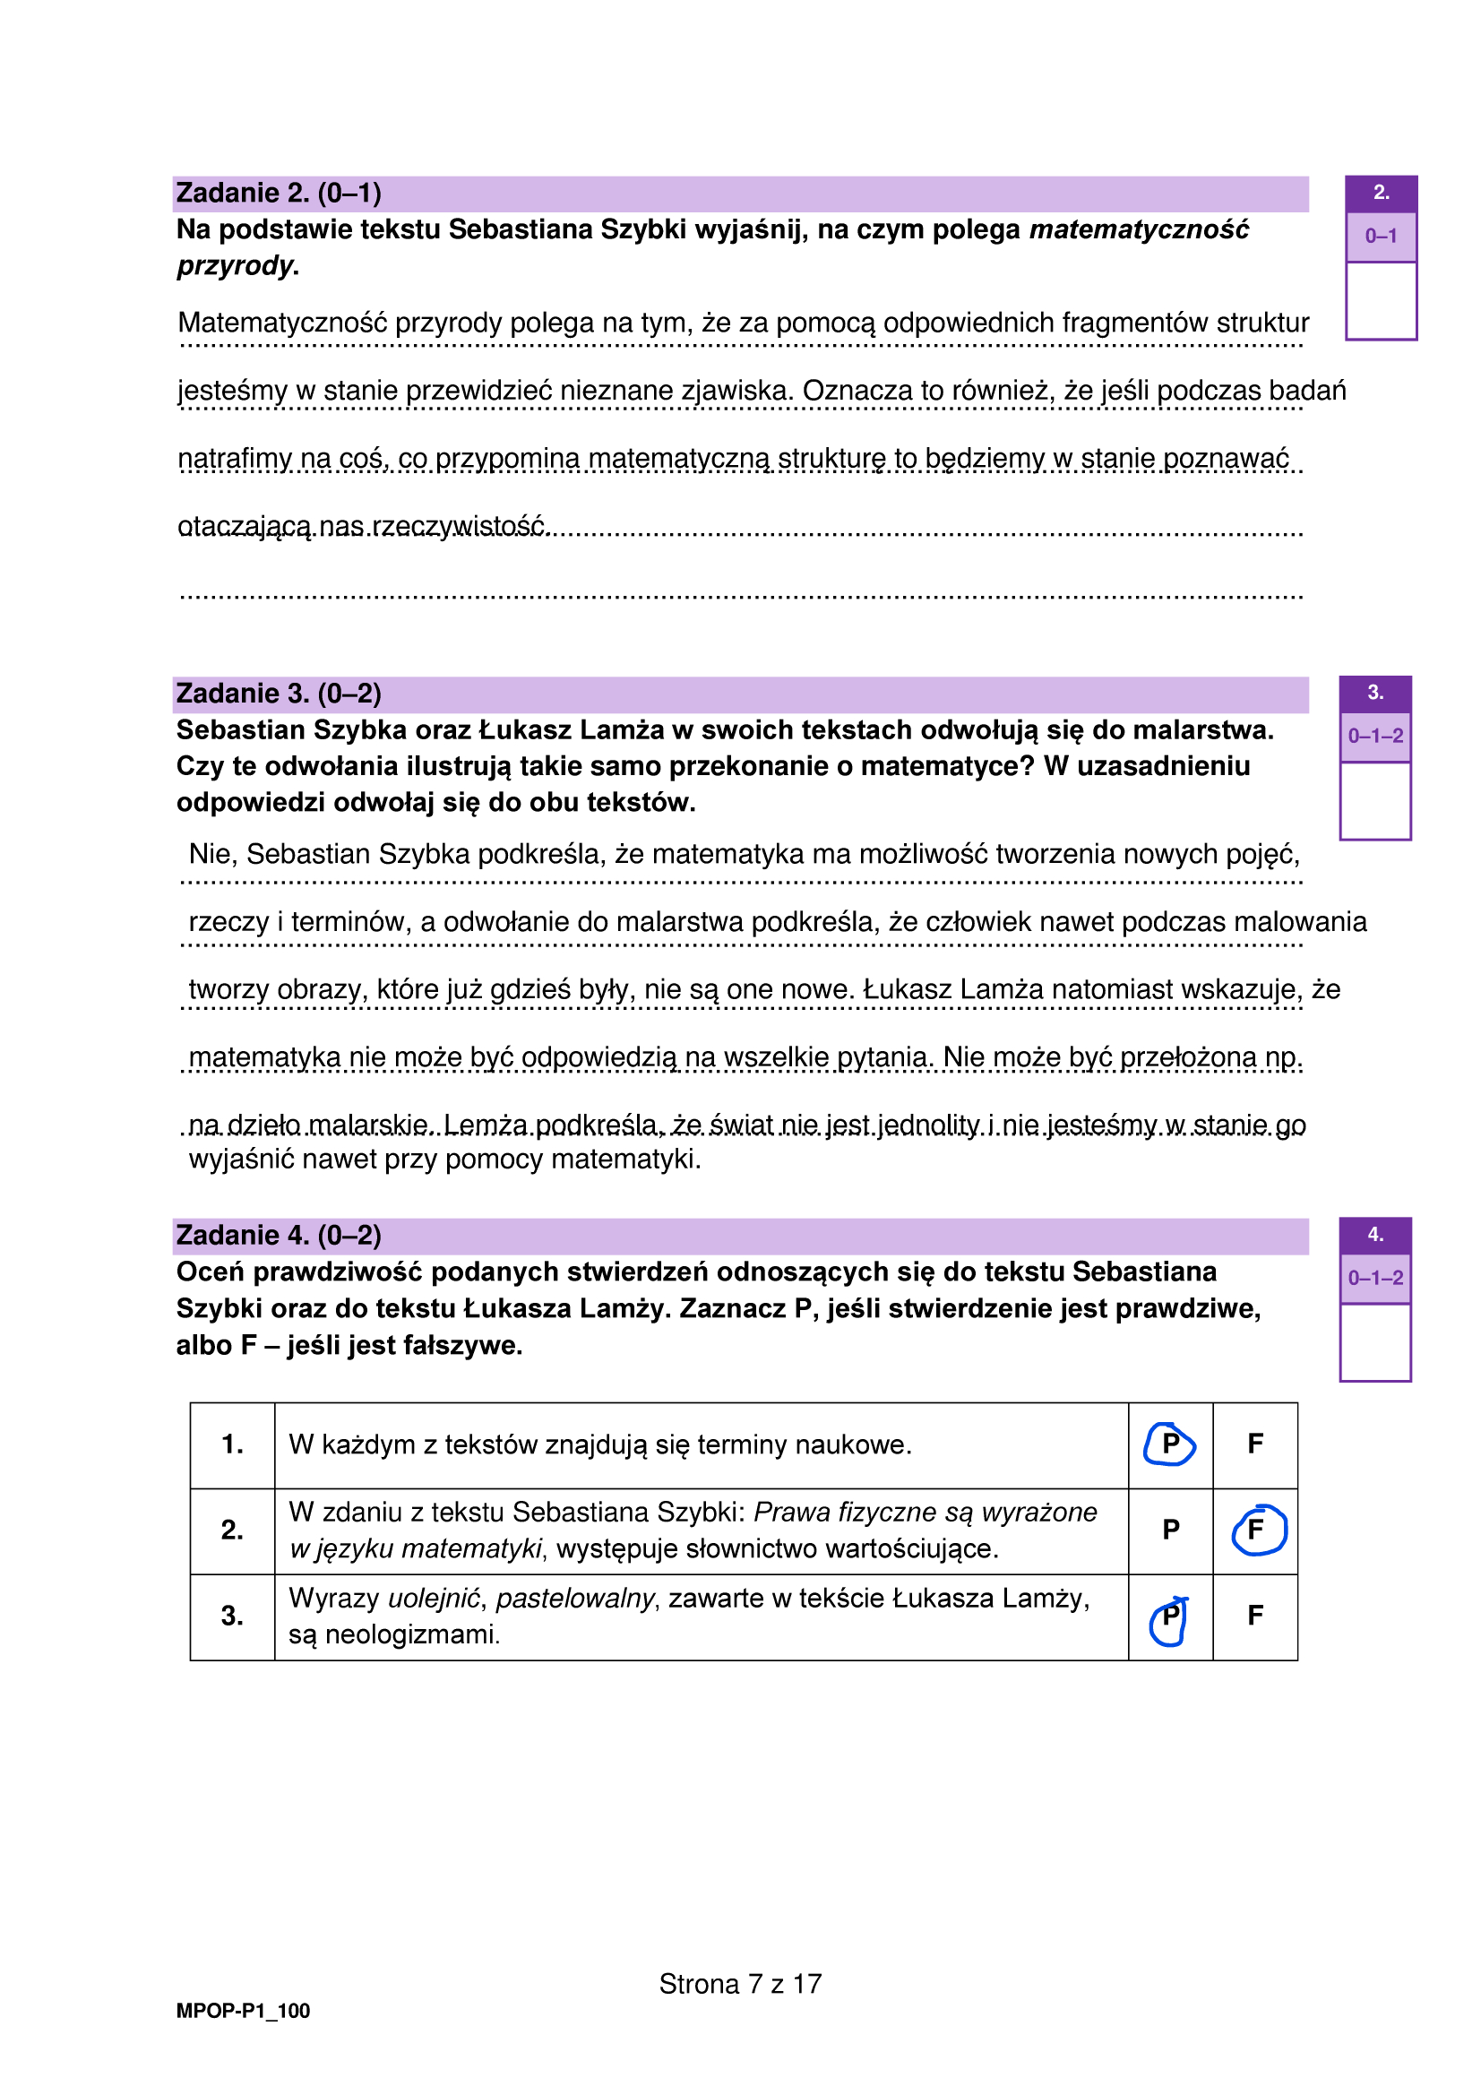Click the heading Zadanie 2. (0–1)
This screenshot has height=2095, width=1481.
pos(279,194)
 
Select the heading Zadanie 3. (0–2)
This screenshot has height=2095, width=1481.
pos(279,694)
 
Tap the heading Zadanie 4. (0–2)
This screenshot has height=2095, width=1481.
pos(279,1236)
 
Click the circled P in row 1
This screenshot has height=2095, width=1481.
pos(1170,1444)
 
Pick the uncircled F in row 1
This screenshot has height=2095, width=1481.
pos(1254,1444)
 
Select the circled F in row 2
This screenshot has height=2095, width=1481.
pos(1256,1530)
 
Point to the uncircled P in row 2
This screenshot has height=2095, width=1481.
pos(1171,1530)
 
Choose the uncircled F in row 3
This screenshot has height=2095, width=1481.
pos(1254,1616)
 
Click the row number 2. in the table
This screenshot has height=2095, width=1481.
pos(232,1530)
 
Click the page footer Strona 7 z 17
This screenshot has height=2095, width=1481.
pos(740,1984)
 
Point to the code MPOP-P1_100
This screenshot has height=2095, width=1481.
pos(243,2011)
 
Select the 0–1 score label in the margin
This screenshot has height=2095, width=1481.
pos(1381,237)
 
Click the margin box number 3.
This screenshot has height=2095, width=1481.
pos(1375,694)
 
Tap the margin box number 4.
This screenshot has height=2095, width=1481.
pos(1375,1236)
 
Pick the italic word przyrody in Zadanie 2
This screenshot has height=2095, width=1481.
pos(236,266)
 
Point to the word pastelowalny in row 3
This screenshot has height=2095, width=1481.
pos(575,1599)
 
